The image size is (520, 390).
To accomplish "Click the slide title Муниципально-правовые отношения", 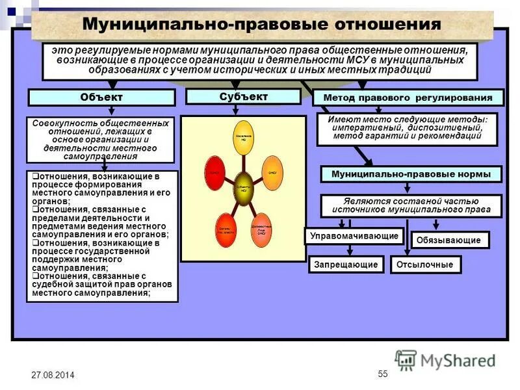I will point(262,25).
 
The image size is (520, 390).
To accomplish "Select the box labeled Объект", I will point(101,97).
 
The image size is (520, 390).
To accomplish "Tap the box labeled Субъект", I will point(243,96).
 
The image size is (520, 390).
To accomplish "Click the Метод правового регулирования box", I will point(408,98).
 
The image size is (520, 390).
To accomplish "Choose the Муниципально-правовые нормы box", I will point(411,174).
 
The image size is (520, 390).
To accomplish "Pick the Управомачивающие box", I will point(354,235).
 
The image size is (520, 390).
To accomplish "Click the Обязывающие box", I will point(450,240).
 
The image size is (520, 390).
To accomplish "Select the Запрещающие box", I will point(346,265).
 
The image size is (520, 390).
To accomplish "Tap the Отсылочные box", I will point(426,265).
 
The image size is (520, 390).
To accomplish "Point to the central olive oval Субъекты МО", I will point(243,189).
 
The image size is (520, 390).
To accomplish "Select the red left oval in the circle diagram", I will point(213,172).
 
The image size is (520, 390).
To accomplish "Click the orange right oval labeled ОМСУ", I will point(273,173).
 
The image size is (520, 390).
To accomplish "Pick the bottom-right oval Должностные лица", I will point(261,230).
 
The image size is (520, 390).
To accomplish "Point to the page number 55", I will point(382,373).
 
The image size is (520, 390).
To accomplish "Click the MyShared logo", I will point(446,359).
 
